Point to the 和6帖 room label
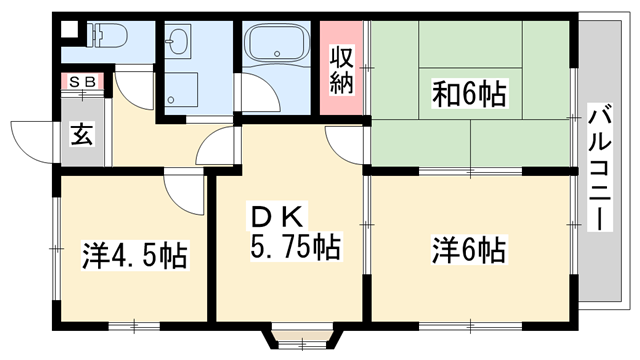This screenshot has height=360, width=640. coord(469,95)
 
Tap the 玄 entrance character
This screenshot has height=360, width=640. coord(81,134)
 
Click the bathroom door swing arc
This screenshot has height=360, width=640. coord(256,98)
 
